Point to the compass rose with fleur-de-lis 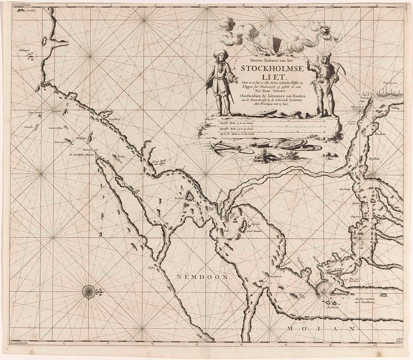click(89, 291)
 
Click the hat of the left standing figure click(221, 53)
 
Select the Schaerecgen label click(61, 142)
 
